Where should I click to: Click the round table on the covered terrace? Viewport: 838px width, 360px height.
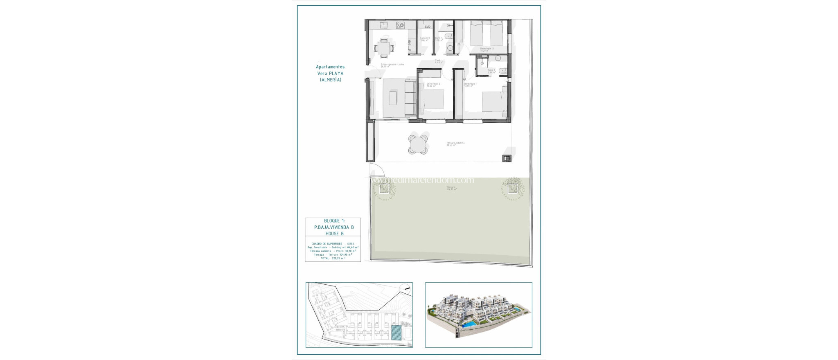point(418,144)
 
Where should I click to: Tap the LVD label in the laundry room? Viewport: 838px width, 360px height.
point(428,27)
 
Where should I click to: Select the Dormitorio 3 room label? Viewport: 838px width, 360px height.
point(487,49)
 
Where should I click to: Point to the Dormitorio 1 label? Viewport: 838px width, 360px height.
point(471,84)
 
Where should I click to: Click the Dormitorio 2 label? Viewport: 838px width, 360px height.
point(433,84)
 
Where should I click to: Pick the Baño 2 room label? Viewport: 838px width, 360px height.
point(491,70)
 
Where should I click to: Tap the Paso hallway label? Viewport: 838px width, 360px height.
point(437,61)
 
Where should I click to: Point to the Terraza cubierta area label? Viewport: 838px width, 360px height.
point(455,143)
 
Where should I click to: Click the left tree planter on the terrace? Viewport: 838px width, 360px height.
point(384,189)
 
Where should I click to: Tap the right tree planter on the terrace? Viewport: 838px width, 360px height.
point(512,189)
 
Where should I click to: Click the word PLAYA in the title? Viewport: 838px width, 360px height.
point(336,74)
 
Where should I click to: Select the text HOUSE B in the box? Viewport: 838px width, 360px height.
point(334,234)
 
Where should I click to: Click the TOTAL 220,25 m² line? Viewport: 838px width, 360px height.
point(333,258)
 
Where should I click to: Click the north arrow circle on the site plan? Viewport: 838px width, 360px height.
point(405,289)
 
